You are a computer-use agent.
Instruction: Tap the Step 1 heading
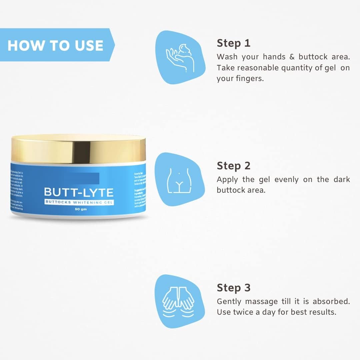[x=233, y=43]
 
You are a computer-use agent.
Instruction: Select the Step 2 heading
[x=233, y=166]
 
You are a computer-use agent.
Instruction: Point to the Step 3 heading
[x=233, y=288]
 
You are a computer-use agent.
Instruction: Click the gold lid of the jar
[x=79, y=149]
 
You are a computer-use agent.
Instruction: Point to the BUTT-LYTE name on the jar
[x=79, y=192]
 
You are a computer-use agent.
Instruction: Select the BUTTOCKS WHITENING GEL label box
[x=79, y=202]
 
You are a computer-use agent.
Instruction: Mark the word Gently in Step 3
[x=229, y=302]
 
